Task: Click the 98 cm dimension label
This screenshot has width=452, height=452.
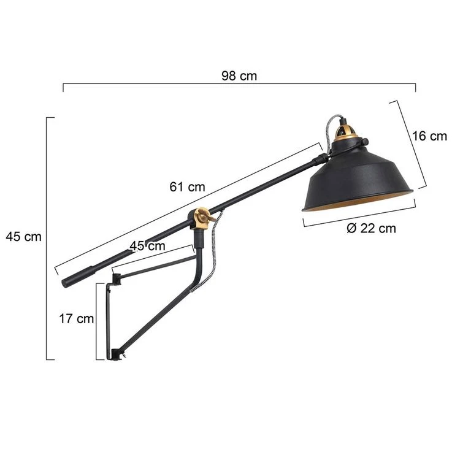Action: pyautogui.click(x=239, y=76)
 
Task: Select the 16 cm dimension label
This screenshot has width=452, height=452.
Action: pyautogui.click(x=429, y=136)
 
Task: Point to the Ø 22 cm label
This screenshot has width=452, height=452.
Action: pyautogui.click(x=371, y=229)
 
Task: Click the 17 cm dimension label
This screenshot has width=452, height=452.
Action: pyautogui.click(x=77, y=318)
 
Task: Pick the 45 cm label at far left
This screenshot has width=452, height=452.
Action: pyautogui.click(x=23, y=237)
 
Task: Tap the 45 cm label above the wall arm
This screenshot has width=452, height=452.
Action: pyautogui.click(x=147, y=246)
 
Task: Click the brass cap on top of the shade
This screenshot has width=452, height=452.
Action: pyautogui.click(x=347, y=131)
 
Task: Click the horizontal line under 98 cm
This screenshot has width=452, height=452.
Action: pyautogui.click(x=239, y=85)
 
